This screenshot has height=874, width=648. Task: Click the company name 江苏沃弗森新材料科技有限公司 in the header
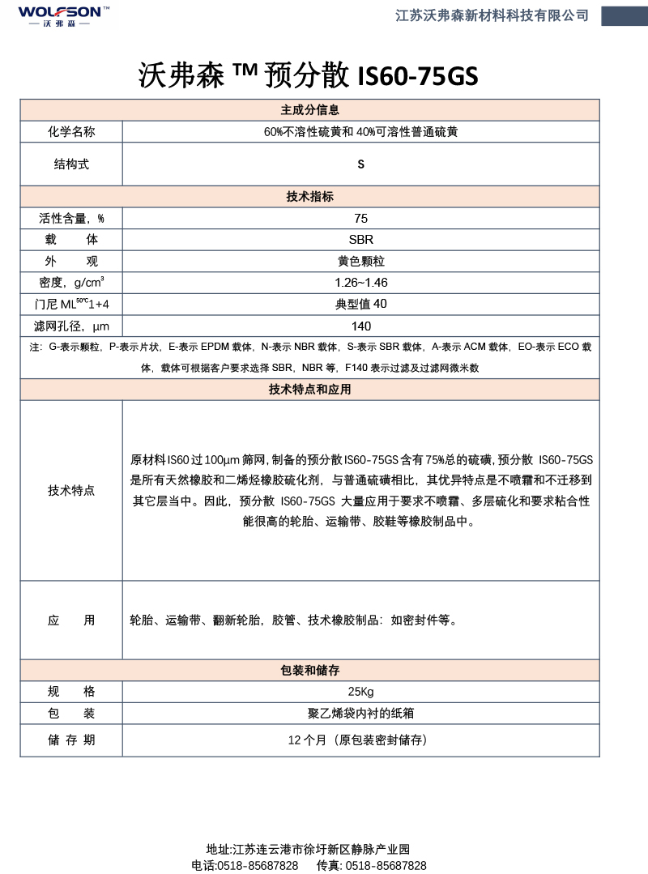492,15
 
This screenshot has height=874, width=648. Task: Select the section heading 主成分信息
309,110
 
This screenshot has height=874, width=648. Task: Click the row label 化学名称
71,132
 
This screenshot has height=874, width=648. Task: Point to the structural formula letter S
361,164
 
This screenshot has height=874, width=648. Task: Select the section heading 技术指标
309,197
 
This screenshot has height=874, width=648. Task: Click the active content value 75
361,219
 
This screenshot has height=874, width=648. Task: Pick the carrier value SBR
361,240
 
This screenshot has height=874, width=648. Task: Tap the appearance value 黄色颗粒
361,262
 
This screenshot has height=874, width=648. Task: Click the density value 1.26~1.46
361,283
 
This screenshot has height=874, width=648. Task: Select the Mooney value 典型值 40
361,305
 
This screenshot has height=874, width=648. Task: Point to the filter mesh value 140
361,326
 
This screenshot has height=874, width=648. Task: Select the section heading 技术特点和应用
309,390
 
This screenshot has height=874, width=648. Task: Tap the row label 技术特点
71,491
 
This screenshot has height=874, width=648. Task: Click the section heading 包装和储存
309,671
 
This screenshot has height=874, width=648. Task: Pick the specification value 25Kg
361,692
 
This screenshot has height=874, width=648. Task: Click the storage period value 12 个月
357,740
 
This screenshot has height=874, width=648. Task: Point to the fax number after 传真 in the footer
386,865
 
